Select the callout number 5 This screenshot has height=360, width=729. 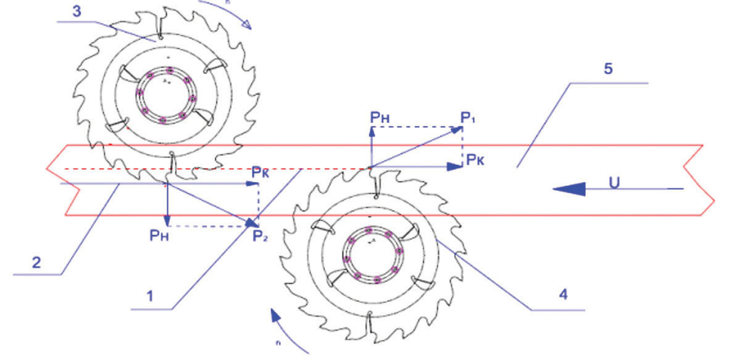coord(608,69)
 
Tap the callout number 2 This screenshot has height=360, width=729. coord(36,262)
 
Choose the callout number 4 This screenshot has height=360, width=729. coord(563,295)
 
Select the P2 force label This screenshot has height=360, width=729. coord(260,235)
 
